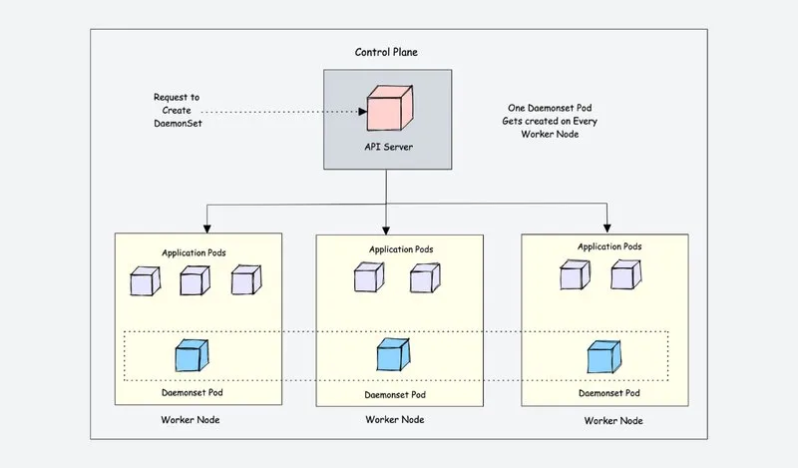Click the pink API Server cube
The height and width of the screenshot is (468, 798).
click(390, 108)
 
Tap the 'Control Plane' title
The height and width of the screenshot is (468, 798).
click(386, 52)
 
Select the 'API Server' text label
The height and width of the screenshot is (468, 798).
click(388, 147)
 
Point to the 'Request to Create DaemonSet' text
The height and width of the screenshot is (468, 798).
click(178, 110)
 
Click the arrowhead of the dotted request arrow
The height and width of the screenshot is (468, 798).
click(362, 112)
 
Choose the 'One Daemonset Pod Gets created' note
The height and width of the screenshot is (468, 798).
click(550, 121)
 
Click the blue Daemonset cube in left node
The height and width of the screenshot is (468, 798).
click(192, 355)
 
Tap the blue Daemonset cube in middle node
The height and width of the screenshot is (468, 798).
click(393, 354)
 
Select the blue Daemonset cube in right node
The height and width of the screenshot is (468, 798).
click(604, 356)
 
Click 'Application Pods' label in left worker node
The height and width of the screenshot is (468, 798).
click(194, 252)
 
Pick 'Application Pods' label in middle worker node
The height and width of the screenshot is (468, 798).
click(401, 249)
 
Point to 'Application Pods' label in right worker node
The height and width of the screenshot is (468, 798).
click(609, 246)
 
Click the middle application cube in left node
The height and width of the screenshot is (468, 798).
click(195, 280)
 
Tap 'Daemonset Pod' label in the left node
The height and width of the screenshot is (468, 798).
click(193, 392)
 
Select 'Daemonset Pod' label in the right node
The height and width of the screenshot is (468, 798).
click(609, 393)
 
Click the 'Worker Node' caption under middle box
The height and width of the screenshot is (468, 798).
click(395, 420)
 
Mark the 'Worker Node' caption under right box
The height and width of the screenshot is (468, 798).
click(613, 421)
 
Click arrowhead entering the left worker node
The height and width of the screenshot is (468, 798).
click(207, 229)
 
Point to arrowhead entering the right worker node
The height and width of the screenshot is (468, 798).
click(607, 229)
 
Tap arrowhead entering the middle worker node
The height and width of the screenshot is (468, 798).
click(386, 231)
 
